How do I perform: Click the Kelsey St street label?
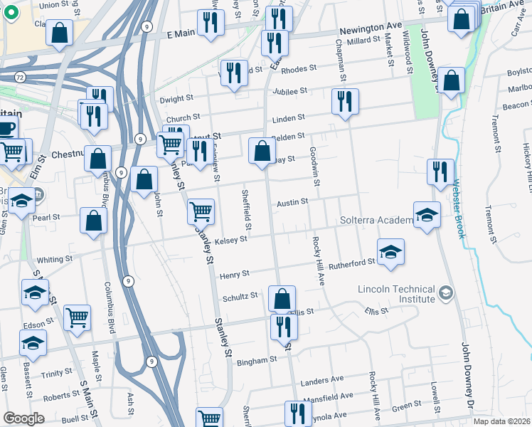pyautogui.click(x=230, y=240)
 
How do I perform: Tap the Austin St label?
pyautogui.click(x=292, y=201)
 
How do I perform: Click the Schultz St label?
pyautogui.click(x=240, y=297)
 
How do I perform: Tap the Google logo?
pyautogui.click(x=23, y=418)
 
